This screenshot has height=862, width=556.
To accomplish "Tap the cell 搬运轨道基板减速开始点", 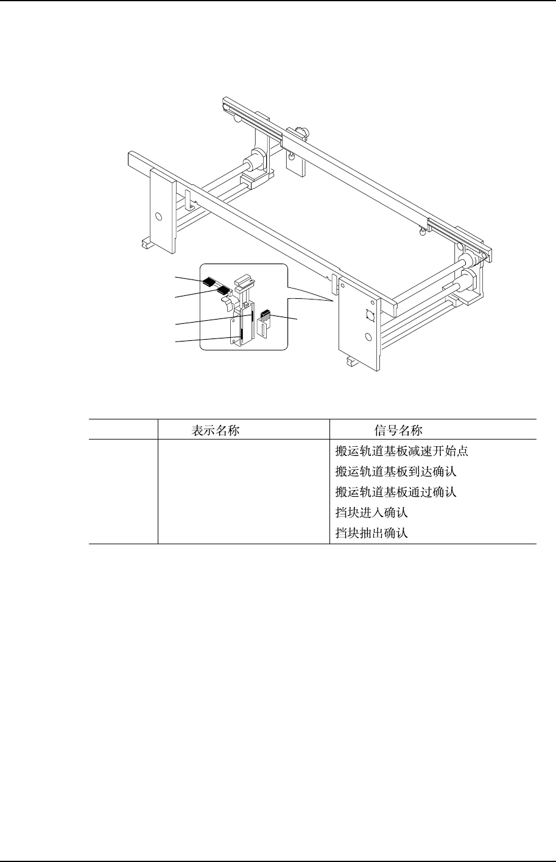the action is (x=402, y=452).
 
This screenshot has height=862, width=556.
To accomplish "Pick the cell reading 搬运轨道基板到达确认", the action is (x=396, y=472).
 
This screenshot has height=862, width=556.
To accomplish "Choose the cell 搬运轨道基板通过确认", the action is (x=396, y=492).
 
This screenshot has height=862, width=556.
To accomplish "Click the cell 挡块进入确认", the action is (x=371, y=513).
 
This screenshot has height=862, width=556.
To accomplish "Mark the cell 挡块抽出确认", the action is (x=371, y=533).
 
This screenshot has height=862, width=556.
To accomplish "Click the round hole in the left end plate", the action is (x=159, y=216).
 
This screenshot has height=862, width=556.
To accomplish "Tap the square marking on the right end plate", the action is (x=368, y=316).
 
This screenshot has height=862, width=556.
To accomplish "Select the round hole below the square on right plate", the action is (x=368, y=337).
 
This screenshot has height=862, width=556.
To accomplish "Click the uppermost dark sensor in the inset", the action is (x=210, y=282).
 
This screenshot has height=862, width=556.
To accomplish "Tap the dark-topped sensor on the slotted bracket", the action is (x=265, y=315).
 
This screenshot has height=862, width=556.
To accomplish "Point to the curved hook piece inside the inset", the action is (x=225, y=300).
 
